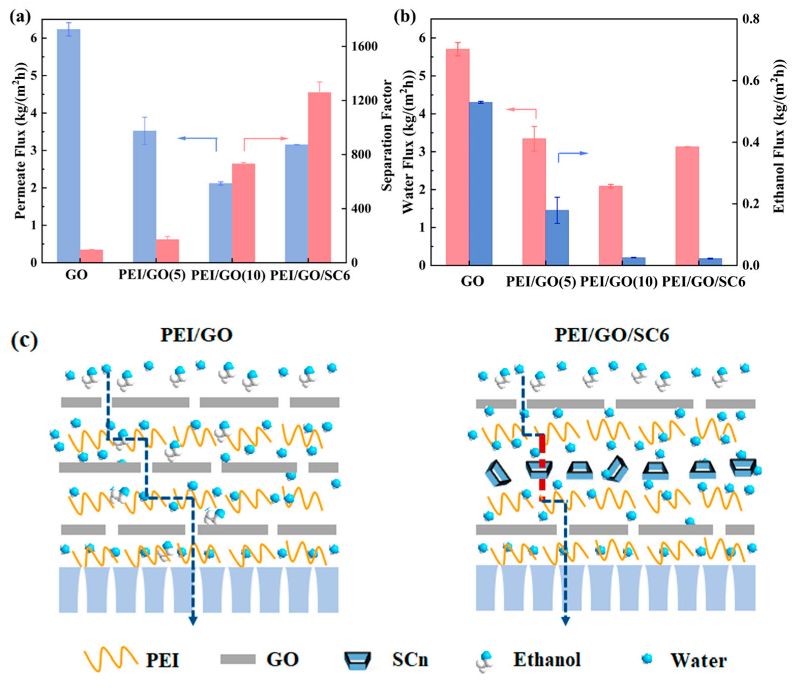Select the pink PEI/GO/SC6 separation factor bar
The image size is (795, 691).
[x=319, y=177]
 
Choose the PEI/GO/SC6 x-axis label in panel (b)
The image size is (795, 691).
[x=704, y=282]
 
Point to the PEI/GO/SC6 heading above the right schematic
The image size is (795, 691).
[x=612, y=335]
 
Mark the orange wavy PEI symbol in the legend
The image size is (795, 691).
[x=111, y=658]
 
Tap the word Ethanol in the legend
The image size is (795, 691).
[x=547, y=659]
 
